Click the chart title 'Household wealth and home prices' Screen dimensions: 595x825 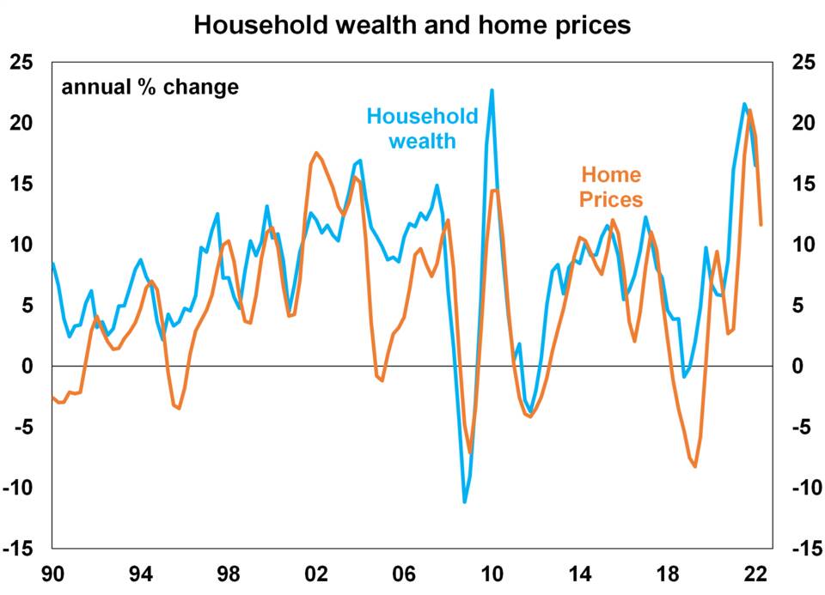pyautogui.click(x=412, y=25)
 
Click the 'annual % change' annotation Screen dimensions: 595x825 pyautogui.click(x=150, y=88)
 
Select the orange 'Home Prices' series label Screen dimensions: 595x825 pyautogui.click(x=610, y=187)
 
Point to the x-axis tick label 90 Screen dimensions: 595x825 pyautogui.click(x=52, y=574)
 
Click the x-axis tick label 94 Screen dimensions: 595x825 pyautogui.click(x=140, y=574)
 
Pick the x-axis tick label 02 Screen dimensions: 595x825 pyautogui.click(x=315, y=574)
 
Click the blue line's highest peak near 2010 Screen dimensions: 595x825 pyautogui.click(x=492, y=90)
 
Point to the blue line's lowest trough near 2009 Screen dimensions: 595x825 pyautogui.click(x=465, y=502)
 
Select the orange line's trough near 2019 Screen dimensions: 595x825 pyautogui.click(x=694, y=466)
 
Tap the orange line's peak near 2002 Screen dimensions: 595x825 pyautogui.click(x=316, y=153)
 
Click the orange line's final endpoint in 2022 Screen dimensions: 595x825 pyautogui.click(x=761, y=225)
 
